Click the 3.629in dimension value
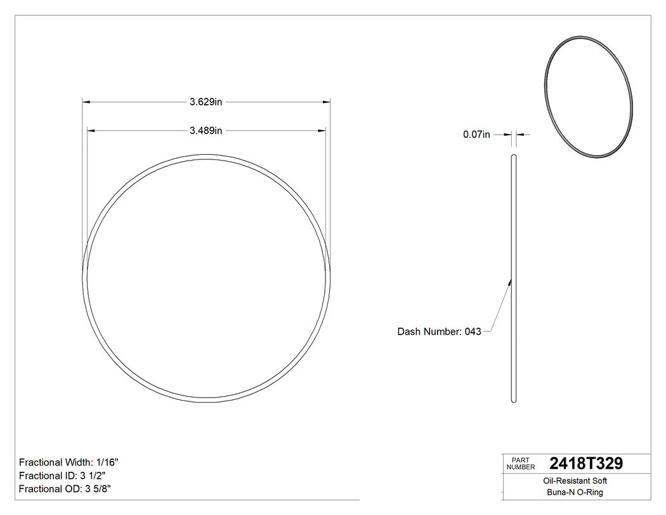pyautogui.click(x=206, y=102)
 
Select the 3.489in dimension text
pyautogui.click(x=206, y=131)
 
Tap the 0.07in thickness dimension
pyautogui.click(x=476, y=135)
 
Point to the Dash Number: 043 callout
pyautogui.click(x=439, y=331)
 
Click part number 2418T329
pyautogui.click(x=585, y=464)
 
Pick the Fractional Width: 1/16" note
pyautogui.click(x=69, y=462)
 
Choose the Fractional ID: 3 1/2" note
pyautogui.click(x=62, y=476)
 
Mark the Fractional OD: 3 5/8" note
pyautogui.click(x=65, y=489)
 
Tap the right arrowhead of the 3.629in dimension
pyautogui.click(x=327, y=102)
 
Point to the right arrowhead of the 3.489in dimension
pyautogui.click(x=322, y=131)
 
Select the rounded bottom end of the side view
pyautogui.click(x=514, y=400)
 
